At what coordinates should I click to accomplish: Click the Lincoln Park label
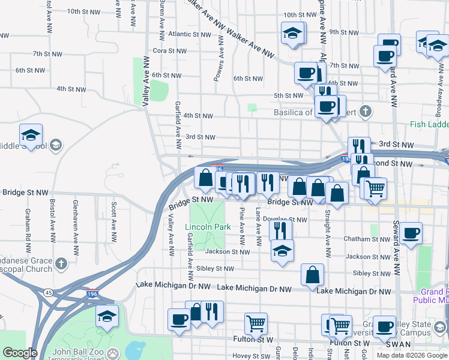[x=208, y=227]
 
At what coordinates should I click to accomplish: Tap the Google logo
[x=20, y=353]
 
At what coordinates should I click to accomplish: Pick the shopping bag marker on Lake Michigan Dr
[x=312, y=275]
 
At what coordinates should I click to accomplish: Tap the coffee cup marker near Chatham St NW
[x=411, y=233]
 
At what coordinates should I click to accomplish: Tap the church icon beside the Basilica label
[x=365, y=111]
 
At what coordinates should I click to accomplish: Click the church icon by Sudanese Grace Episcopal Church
[x=61, y=264]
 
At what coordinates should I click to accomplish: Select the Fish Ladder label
[x=429, y=125]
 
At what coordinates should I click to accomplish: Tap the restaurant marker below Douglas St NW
[x=280, y=229]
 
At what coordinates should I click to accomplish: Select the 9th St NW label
[x=343, y=31]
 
